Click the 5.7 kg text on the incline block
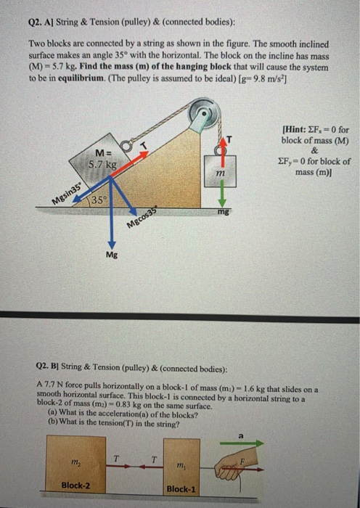(102, 164)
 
